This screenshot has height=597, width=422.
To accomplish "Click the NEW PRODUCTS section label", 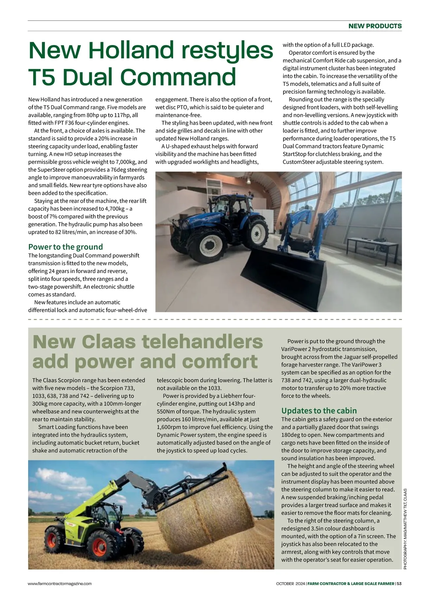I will pos(375,26).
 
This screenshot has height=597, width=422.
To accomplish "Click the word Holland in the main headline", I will pos(131,50).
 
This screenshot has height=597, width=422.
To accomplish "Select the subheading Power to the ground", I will pos(65,247).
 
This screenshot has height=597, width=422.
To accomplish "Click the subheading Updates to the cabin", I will pos(319,410).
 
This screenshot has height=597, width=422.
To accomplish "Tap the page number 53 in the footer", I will pos(399,583).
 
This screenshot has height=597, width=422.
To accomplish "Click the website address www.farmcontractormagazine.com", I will pos(60,583).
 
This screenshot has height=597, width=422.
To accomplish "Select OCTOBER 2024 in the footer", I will pos(290,583).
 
